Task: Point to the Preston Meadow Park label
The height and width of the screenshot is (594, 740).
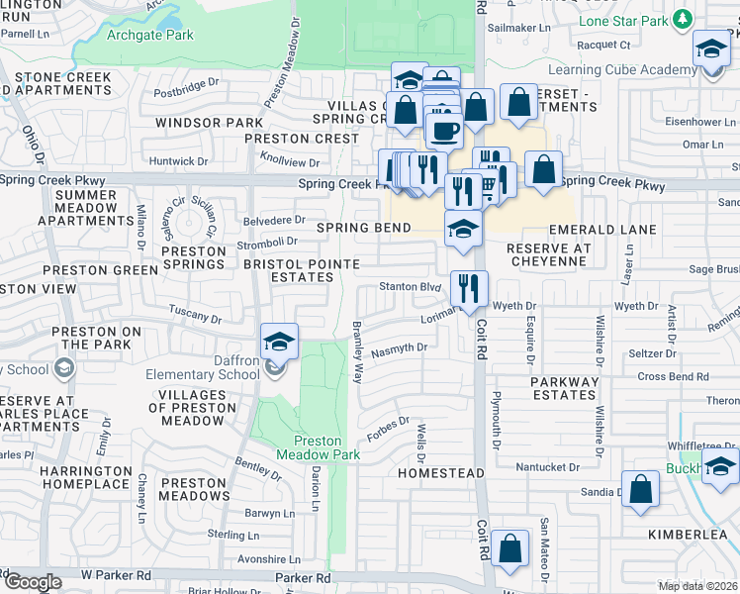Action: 317,448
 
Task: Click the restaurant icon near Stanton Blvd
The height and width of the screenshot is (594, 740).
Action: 468,288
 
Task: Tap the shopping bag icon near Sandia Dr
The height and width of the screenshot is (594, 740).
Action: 640,488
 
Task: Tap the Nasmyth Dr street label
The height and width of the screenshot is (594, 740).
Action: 399,348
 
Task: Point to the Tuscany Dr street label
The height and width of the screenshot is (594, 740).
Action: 195,316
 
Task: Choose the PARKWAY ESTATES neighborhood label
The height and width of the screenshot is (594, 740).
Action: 563,388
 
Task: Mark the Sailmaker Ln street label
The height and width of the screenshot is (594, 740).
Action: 520,30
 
